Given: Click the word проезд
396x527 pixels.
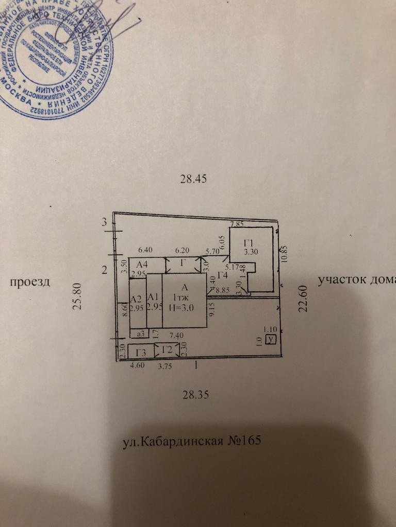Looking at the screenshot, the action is tap(29, 282).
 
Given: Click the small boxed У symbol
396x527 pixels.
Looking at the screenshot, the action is tap(270, 339).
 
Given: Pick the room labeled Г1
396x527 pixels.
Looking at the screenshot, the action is tap(250, 243).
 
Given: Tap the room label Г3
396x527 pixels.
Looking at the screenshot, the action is tap(141, 353).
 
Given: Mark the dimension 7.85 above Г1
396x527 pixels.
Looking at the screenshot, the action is tap(237, 224).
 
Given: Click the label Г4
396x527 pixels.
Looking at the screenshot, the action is tap(223, 275).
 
